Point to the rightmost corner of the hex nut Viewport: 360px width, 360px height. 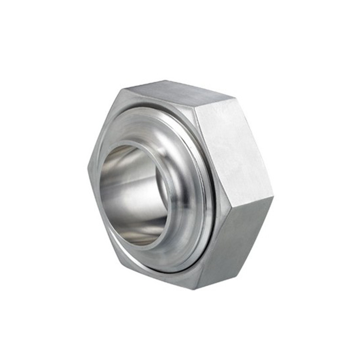point(273,197)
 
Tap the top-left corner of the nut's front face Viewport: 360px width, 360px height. point(121,89)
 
